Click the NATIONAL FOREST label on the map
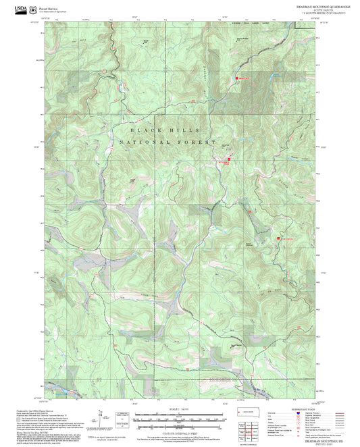pos(167,143)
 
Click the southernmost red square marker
pos(276,238)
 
